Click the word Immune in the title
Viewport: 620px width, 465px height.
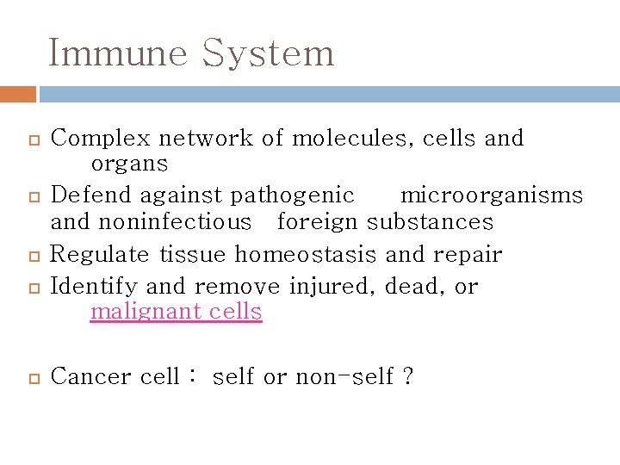tap(118, 53)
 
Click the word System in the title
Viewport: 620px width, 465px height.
tap(268, 53)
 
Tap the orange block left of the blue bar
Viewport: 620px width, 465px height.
tap(18, 94)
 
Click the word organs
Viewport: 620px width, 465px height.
tap(129, 163)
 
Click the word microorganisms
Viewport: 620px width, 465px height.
tap(492, 195)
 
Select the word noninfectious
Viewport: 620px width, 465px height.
tap(174, 222)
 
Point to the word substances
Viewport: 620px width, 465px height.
tap(430, 222)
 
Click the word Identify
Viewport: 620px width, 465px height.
tap(94, 285)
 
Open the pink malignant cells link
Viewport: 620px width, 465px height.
tap(176, 311)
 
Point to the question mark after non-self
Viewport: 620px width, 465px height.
tap(408, 376)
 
